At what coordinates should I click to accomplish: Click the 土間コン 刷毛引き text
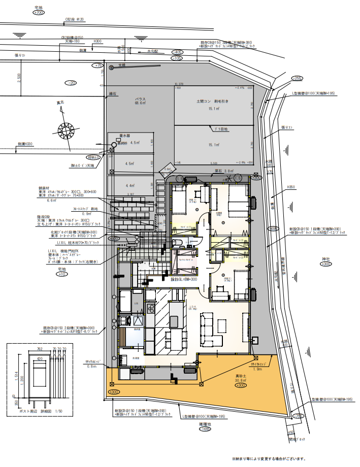213,102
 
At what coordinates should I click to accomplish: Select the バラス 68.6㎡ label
140,100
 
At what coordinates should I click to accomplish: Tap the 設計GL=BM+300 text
183,279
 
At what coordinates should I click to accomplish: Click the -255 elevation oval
297,78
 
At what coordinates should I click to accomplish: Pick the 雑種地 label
205,423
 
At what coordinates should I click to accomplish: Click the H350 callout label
291,187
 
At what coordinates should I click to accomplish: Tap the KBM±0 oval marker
93,157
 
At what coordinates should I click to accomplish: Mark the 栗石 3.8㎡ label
224,171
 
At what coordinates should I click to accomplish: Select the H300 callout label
97,41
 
